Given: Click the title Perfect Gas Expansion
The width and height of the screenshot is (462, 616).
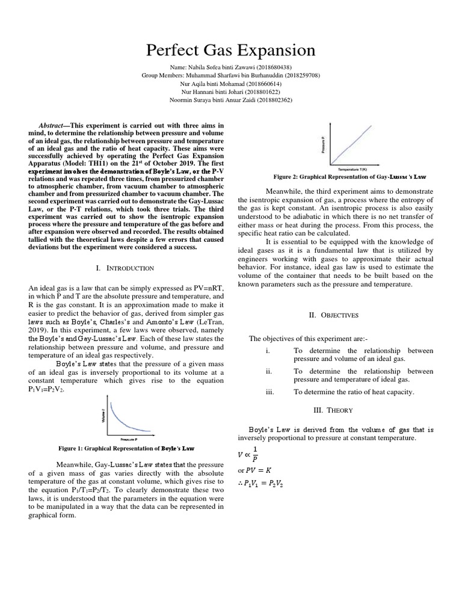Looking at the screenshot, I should pyautogui.click(x=231, y=50).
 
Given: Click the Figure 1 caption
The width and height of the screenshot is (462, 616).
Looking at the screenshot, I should pyautogui.click(x=126, y=449).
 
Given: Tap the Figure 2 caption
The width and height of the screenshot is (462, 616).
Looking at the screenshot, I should pyautogui.click(x=349, y=177).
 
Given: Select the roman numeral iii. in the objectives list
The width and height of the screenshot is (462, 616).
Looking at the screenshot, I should pyautogui.click(x=269, y=392).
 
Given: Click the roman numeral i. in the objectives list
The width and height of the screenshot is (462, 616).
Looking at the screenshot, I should pyautogui.click(x=268, y=350).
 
